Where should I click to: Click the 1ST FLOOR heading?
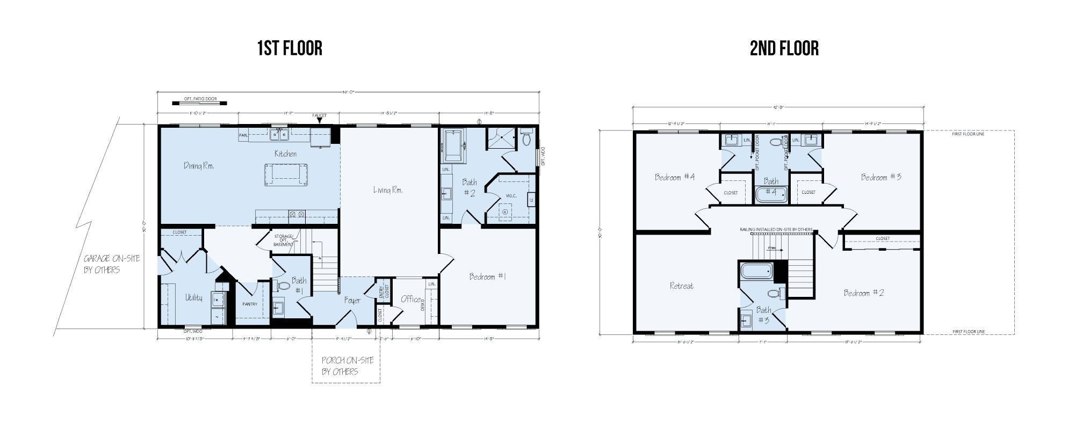click(x=290, y=48)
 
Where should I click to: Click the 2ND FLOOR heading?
click(x=784, y=49)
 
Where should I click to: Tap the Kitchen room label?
click(x=285, y=154)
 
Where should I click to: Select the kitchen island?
click(x=286, y=174)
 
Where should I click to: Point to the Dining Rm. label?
click(x=199, y=166)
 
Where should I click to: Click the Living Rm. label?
click(x=388, y=189)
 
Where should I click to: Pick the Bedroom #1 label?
click(x=487, y=276)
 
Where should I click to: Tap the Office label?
click(x=411, y=299)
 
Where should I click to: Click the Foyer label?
click(x=352, y=301)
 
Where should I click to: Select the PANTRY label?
click(x=250, y=304)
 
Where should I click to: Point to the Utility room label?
click(x=193, y=297)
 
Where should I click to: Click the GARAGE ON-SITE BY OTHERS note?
click(x=111, y=264)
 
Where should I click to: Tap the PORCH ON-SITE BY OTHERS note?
click(x=347, y=366)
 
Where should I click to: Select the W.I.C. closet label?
click(x=511, y=195)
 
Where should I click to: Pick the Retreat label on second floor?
click(x=681, y=286)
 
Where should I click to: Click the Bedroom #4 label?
click(x=674, y=177)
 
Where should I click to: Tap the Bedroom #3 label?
click(x=881, y=177)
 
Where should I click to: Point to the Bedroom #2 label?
click(x=863, y=293)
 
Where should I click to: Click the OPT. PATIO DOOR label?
click(x=200, y=99)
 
